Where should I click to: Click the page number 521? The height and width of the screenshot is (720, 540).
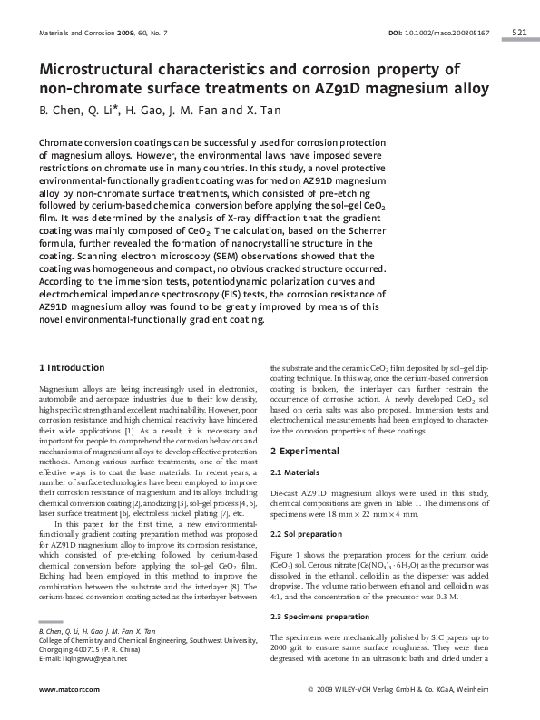519,33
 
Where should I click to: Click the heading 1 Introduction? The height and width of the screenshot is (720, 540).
72,367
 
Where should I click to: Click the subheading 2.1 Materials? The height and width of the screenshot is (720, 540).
297,472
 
